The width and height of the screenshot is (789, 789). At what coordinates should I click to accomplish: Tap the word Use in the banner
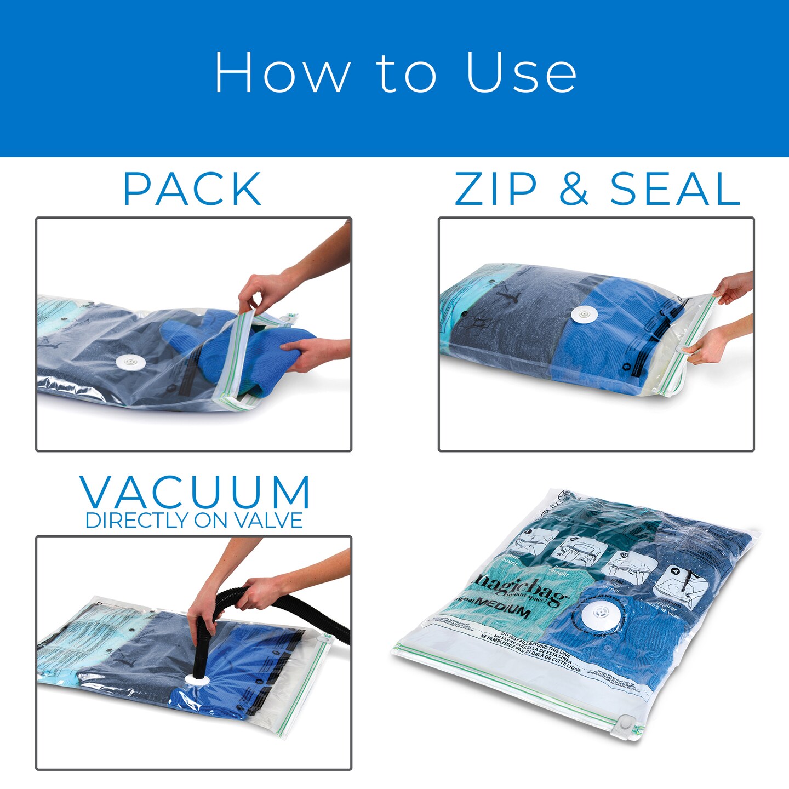pos(521,73)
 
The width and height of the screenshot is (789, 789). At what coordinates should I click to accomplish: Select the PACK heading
pos(192,190)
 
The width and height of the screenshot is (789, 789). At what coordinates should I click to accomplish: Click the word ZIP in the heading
pos(495,190)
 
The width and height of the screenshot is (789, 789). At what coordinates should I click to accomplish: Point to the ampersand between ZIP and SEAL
pos(573,190)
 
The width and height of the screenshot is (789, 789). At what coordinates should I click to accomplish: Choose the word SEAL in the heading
pos(675,190)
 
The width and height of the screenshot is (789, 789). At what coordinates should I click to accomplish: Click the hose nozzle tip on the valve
pos(198,677)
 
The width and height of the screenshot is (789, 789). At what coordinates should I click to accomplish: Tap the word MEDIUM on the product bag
pos(502,607)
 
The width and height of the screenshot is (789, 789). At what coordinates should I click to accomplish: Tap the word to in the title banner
pos(406,73)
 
